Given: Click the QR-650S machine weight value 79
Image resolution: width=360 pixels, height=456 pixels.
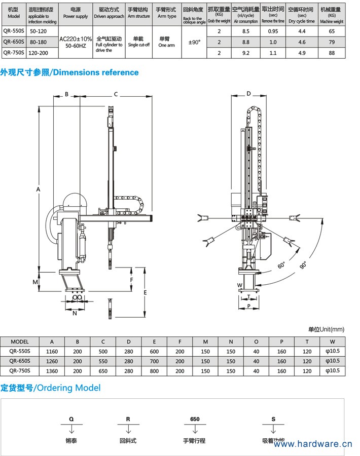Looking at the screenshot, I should [332, 42].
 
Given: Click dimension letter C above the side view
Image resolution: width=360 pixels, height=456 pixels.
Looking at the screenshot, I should [116, 94].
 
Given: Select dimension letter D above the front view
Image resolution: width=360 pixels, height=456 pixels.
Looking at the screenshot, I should [248, 94].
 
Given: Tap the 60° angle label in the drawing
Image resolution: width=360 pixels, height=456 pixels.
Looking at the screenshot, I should [281, 265].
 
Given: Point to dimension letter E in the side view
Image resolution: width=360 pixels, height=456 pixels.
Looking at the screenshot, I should [145, 293].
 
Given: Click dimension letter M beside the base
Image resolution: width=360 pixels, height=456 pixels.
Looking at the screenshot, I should [35, 281].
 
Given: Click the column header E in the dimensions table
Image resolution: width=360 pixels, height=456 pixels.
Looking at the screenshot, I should [154, 341].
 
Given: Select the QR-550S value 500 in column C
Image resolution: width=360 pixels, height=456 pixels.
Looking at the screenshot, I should [103, 352].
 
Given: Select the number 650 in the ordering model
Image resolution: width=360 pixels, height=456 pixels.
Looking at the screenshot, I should [195, 420].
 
